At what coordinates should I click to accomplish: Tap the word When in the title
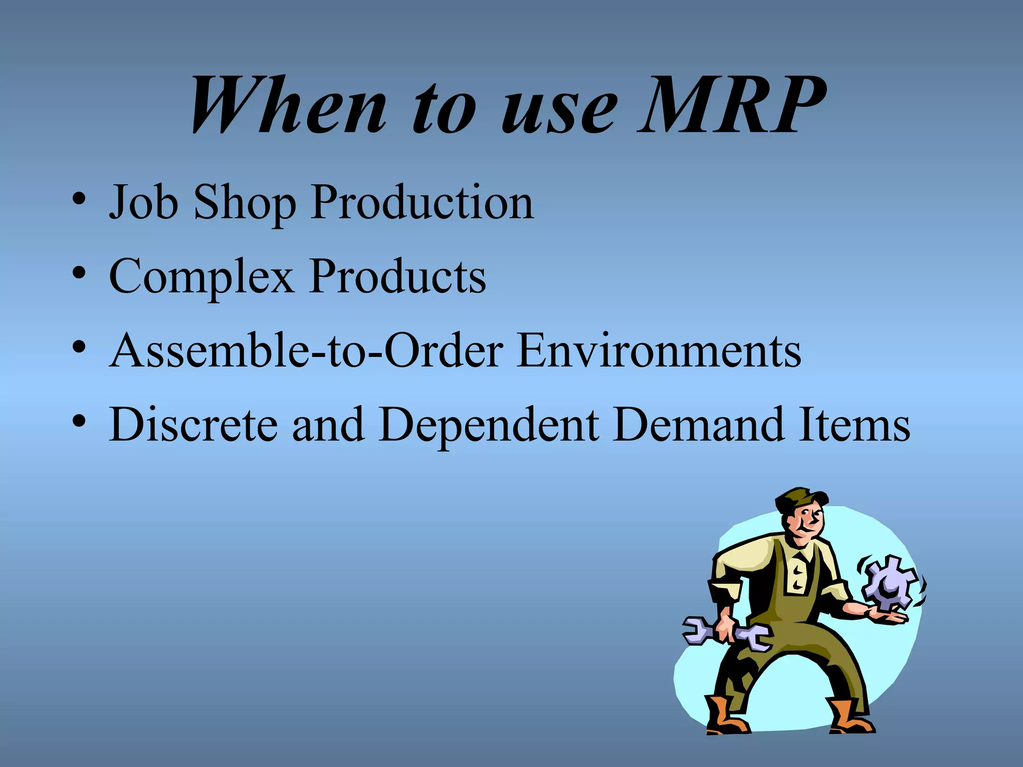point(289,106)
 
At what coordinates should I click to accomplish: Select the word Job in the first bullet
point(143,202)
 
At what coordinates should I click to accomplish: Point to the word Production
point(422,202)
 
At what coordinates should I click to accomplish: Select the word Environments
point(659,350)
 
